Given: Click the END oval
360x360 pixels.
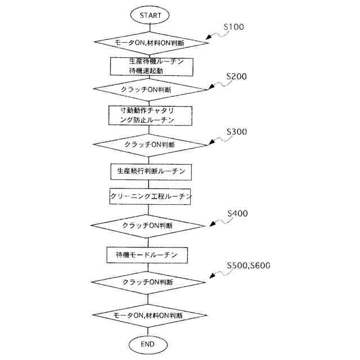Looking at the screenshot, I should (x=148, y=343).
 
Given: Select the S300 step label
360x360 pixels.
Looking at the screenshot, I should (x=236, y=132).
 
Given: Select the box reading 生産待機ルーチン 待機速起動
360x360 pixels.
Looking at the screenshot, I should (x=149, y=66).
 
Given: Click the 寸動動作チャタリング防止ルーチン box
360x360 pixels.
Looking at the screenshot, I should (x=149, y=115).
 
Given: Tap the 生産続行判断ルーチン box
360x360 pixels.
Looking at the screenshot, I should (x=149, y=170).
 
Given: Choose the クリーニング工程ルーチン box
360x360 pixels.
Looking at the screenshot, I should (x=149, y=196).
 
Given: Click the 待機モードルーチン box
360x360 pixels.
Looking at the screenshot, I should (x=147, y=255).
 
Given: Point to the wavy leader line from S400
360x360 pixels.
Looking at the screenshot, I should (x=221, y=220).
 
